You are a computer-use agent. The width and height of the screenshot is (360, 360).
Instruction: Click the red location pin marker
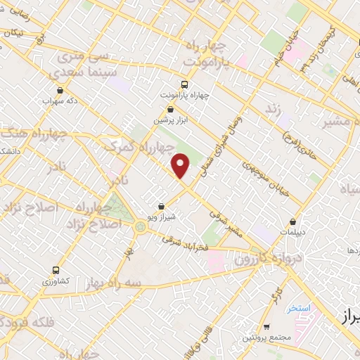tap(181, 166)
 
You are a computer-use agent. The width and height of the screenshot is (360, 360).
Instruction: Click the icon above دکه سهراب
tap(61, 89)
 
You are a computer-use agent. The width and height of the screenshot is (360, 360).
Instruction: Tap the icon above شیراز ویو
tap(162, 206)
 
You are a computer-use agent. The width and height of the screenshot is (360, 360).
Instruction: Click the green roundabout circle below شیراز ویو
tap(141, 226)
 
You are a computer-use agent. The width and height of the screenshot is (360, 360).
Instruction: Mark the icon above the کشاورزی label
tap(56, 270)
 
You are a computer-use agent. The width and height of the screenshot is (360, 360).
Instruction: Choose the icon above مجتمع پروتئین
tap(267, 326)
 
